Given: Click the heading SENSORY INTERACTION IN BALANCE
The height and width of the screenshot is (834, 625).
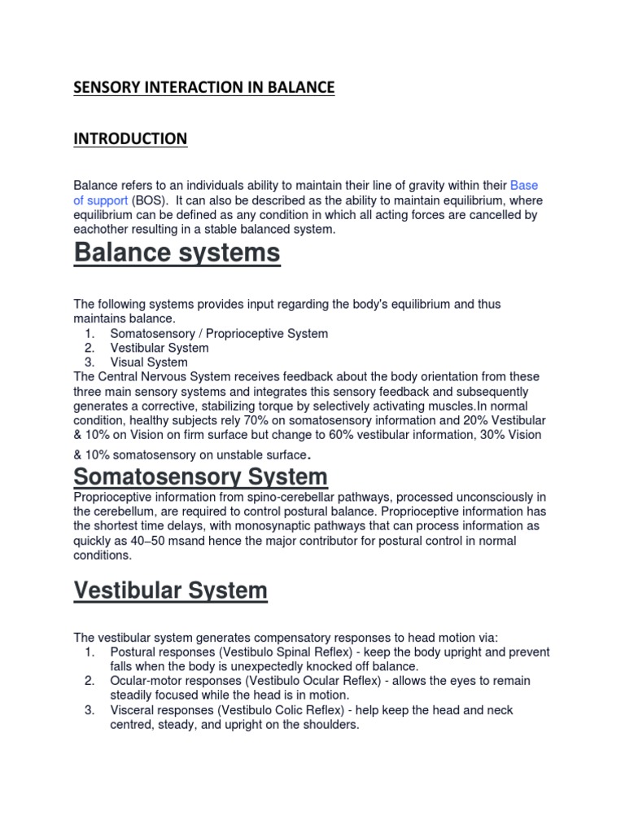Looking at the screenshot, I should (203, 87).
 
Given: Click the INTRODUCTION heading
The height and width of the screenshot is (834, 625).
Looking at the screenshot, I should (130, 138).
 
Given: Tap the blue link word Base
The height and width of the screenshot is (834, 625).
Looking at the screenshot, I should (524, 186).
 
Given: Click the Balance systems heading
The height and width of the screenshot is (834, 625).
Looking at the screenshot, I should (177, 253).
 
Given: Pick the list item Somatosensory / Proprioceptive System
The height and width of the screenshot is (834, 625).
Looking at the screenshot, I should (219, 333).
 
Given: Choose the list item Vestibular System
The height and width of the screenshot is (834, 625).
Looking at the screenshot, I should (160, 348).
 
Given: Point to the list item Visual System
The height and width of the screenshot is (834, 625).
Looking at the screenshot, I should (149, 362).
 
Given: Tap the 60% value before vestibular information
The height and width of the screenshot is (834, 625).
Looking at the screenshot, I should (329, 434).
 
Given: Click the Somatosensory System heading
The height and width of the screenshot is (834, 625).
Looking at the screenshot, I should (200, 476).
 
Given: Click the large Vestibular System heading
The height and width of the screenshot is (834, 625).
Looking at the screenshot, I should (170, 590).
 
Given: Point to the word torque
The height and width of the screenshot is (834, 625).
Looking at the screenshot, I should (286, 405).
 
